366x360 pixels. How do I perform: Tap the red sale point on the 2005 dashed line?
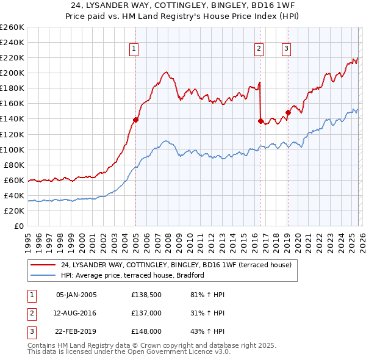tap(135, 120)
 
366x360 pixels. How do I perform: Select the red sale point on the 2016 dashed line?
tap(260, 121)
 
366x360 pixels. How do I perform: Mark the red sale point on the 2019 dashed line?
tap(288, 112)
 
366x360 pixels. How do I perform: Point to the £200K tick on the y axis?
tap(12, 73)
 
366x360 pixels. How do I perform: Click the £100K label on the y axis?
tap(12, 149)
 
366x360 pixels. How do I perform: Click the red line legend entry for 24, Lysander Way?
tap(176, 265)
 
